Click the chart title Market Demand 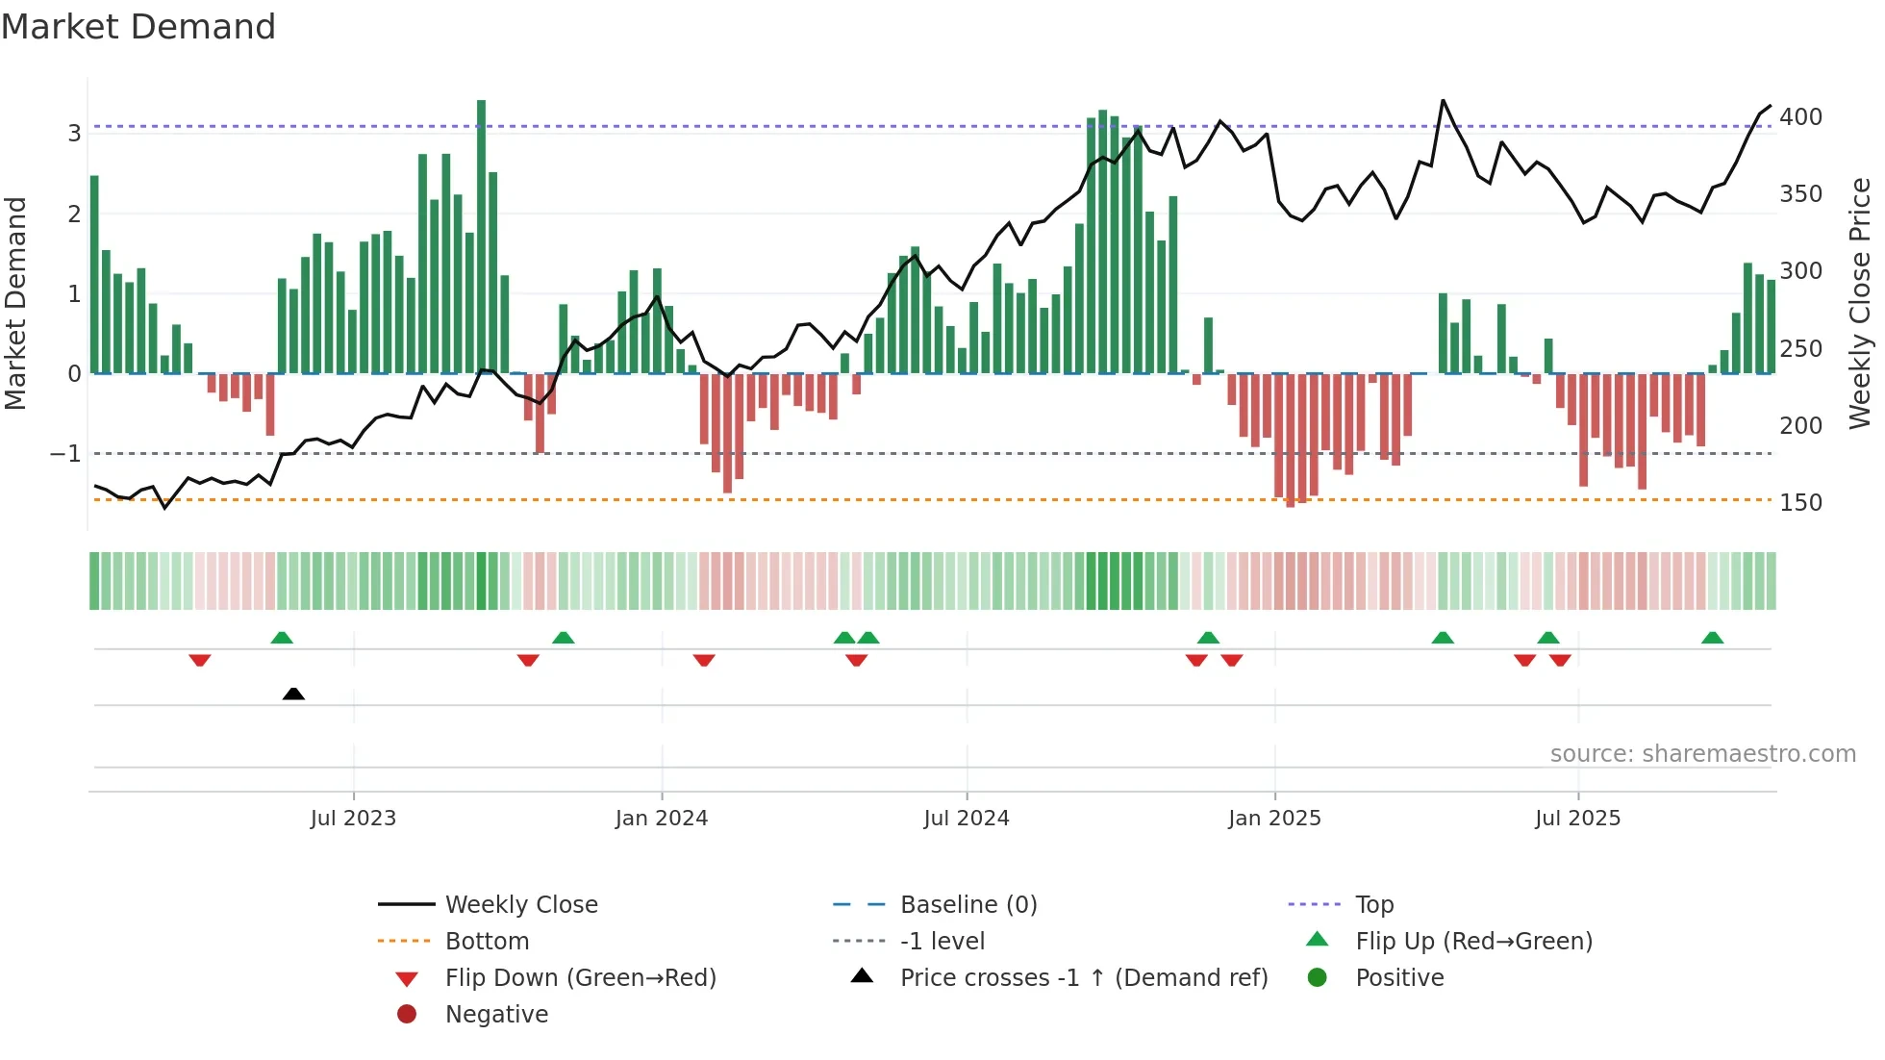point(138,27)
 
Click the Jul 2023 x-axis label point(353,819)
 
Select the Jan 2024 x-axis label point(662,819)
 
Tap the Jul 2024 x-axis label point(967,819)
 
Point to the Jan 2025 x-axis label point(1274,819)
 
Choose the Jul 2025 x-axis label point(1578,819)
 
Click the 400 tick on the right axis point(1800,117)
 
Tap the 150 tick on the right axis point(1800,503)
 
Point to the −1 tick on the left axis point(65,453)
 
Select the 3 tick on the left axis point(74,133)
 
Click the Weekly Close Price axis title point(1860,303)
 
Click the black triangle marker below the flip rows point(294,694)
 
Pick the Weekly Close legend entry point(520,904)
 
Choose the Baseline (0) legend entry point(968,904)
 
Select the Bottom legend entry point(487,941)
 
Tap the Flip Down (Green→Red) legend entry point(580,977)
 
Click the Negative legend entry point(496,1014)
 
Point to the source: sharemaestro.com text point(1702,754)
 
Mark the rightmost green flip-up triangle point(1712,638)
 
